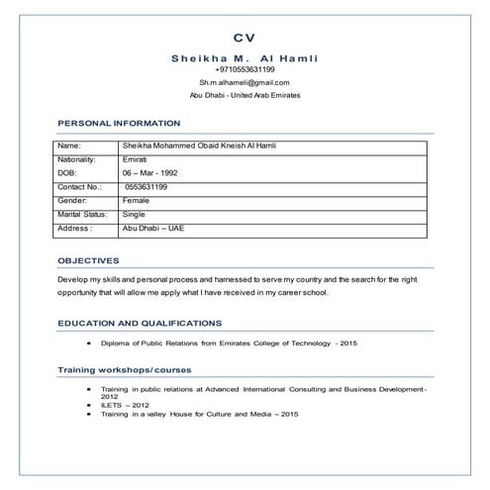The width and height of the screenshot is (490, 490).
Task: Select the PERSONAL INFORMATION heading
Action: click(119, 123)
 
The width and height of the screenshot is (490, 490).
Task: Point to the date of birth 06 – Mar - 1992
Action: click(149, 172)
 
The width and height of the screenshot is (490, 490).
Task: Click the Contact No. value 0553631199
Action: click(147, 186)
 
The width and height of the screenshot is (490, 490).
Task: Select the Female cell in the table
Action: click(136, 200)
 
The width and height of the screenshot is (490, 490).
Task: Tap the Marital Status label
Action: click(82, 213)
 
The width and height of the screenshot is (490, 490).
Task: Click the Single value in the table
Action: click(134, 213)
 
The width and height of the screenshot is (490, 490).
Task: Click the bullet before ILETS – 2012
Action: click(89, 404)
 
